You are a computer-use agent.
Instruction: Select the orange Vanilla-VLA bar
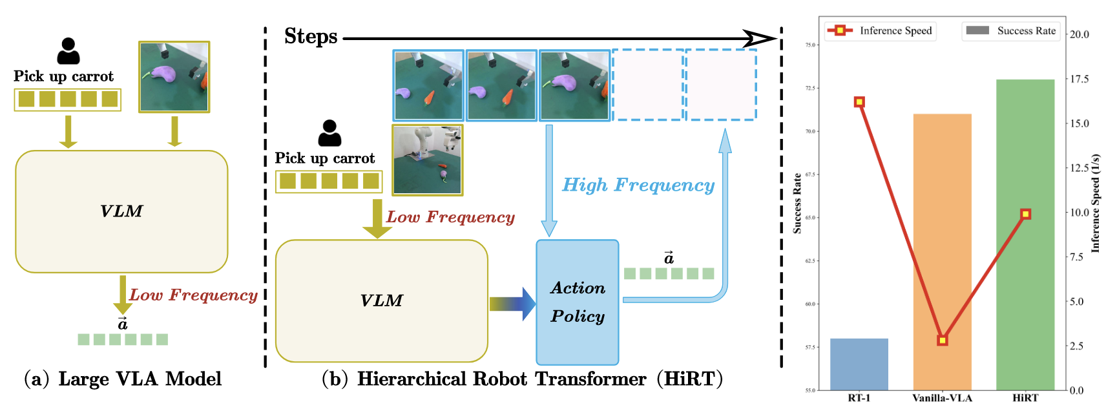point(942,252)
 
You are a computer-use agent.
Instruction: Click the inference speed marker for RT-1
point(859,102)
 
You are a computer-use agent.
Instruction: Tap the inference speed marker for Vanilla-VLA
point(943,340)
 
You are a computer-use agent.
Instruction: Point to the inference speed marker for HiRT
point(1025,214)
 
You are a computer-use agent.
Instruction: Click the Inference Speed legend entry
point(881,30)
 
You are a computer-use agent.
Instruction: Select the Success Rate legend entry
point(1011,30)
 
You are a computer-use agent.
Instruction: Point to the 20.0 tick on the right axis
point(1080,34)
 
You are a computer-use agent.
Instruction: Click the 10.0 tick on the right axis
point(1080,213)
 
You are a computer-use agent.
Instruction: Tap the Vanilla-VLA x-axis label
point(942,398)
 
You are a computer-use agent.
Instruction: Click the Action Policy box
point(578,302)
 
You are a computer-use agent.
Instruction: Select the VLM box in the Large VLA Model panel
point(121,211)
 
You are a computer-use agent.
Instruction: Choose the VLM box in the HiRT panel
point(381,300)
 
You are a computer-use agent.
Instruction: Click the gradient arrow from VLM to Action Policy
point(512,304)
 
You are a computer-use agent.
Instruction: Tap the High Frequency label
point(638,185)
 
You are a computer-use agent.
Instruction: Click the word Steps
point(311,37)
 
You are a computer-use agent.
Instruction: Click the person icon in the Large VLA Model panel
point(68,51)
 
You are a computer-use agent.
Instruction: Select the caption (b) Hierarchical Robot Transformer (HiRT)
point(522,379)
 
